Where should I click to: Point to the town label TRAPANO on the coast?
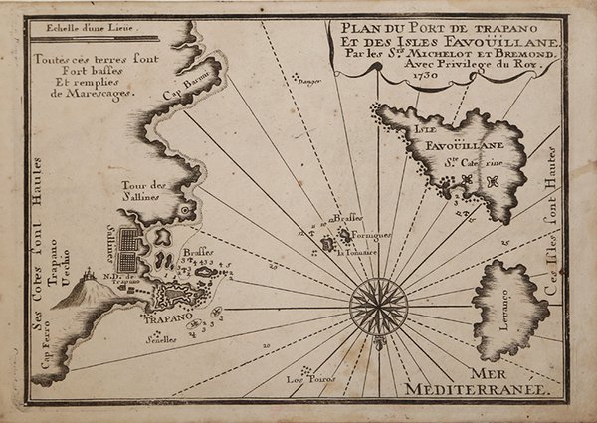158,321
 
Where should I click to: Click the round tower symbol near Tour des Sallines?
184,211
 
